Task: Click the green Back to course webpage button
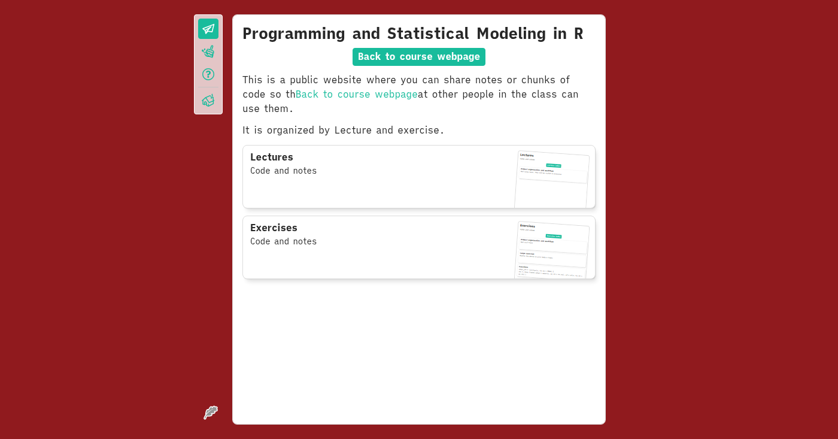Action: coord(418,57)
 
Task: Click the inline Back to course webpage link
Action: coord(356,94)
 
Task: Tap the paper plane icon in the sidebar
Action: coord(208,29)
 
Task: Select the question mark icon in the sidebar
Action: coord(208,74)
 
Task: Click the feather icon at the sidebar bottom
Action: coord(210,413)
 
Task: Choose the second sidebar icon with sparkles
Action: coord(208,52)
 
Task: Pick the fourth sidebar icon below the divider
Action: coord(208,100)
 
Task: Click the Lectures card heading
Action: coord(272,157)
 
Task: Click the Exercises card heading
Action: coord(274,228)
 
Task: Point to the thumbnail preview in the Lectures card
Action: coord(552,179)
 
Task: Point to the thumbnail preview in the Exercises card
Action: coord(552,250)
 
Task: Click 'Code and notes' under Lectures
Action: coord(283,171)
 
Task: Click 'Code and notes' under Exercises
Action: coord(283,241)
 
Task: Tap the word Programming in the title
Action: coord(294,34)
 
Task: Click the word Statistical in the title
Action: coord(428,34)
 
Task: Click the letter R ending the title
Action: coord(578,34)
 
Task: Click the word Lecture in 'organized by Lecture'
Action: coord(353,130)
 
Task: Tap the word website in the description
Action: coord(342,80)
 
